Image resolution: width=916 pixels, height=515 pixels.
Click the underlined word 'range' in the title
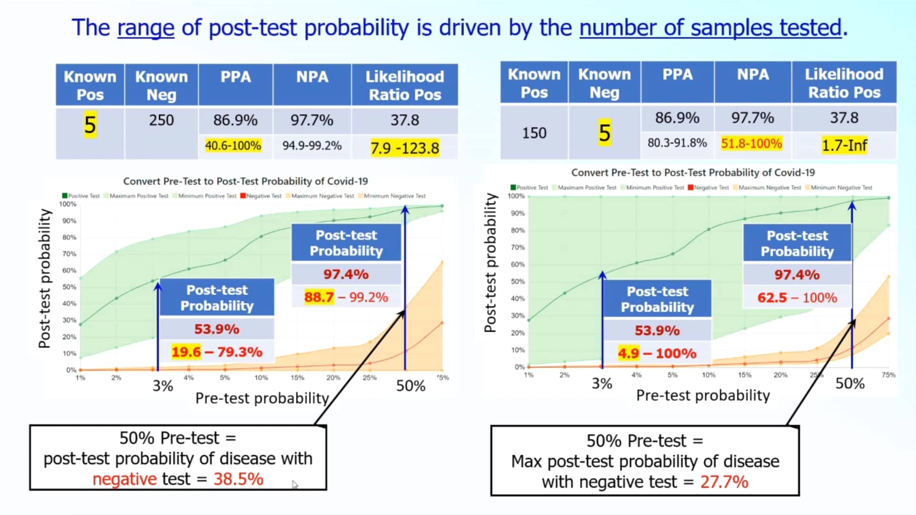tap(146, 28)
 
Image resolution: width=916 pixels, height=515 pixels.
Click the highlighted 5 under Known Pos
tap(90, 125)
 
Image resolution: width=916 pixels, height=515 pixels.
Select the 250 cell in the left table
tap(161, 120)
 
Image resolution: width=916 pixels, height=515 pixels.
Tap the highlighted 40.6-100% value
tap(233, 145)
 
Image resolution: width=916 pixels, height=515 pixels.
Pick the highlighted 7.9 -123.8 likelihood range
tap(405, 148)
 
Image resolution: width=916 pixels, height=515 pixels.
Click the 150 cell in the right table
tap(534, 133)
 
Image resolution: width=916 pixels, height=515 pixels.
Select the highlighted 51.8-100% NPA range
tap(751, 144)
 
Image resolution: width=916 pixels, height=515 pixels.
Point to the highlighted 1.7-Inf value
tap(844, 145)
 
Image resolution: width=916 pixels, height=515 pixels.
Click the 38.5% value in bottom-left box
tap(238, 479)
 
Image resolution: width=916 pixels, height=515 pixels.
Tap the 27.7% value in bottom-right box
tap(724, 482)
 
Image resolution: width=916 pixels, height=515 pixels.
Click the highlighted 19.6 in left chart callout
tap(186, 352)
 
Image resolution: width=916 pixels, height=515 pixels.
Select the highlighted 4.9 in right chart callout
tap(628, 353)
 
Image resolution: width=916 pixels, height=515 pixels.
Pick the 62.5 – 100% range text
tap(797, 298)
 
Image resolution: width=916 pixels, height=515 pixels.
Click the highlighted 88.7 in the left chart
tap(319, 297)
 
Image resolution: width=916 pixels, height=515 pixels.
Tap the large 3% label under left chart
tap(163, 386)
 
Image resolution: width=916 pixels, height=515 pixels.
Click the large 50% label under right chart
tap(850, 383)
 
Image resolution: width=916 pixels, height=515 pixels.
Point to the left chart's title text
tap(245, 181)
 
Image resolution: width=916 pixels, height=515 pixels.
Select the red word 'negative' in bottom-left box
tap(124, 479)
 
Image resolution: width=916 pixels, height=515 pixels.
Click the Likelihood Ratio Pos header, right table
tap(843, 83)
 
